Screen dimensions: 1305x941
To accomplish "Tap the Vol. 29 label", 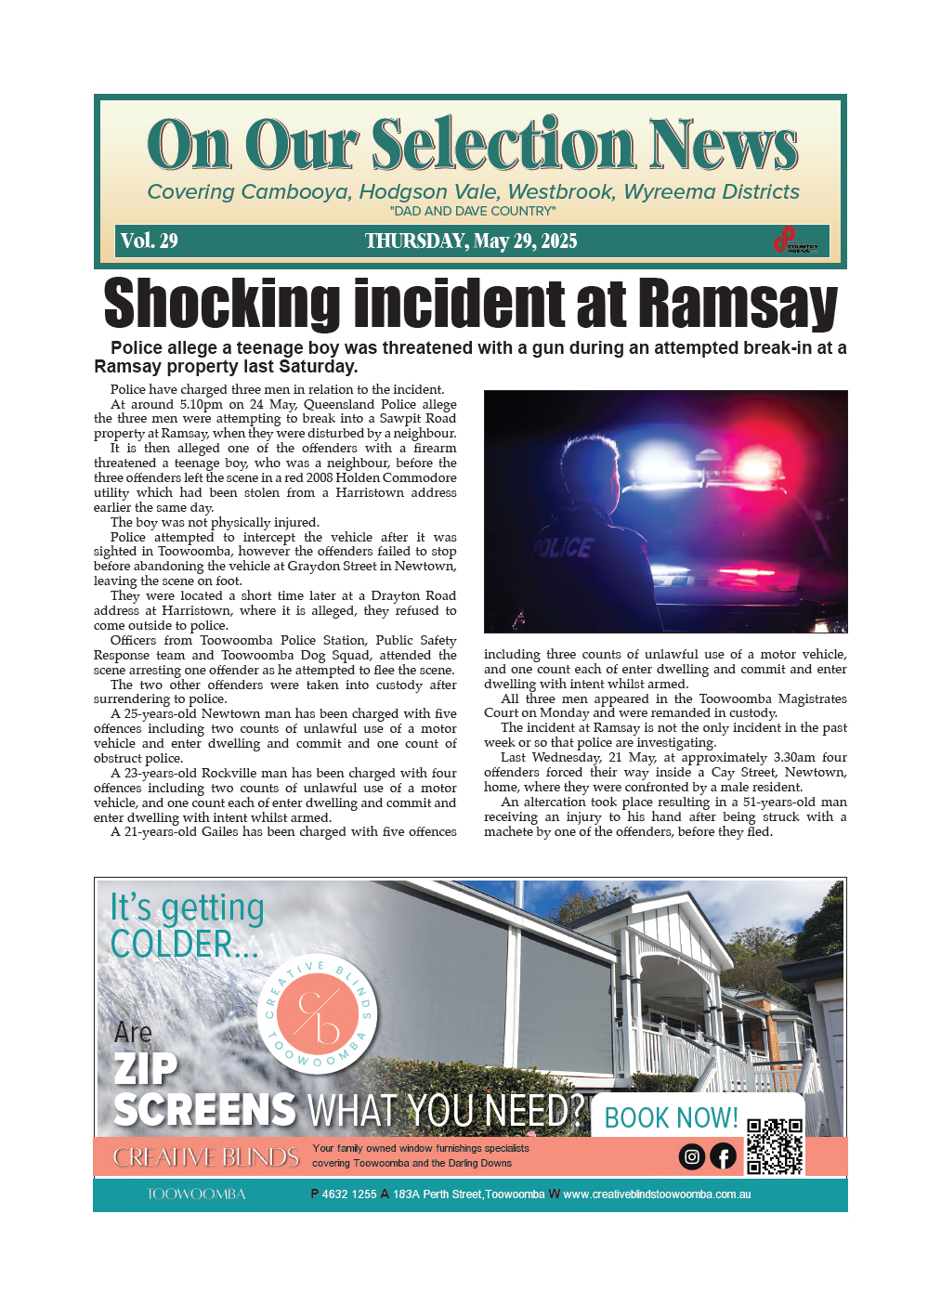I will tap(149, 241).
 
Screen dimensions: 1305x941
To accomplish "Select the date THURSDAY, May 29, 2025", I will tap(471, 241).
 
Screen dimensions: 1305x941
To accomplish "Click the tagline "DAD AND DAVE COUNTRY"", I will tap(473, 211).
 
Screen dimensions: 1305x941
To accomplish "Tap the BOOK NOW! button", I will tap(671, 1117).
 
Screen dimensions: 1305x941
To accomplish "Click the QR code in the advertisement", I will tap(775, 1146).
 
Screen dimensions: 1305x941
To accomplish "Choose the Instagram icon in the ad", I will tap(691, 1156).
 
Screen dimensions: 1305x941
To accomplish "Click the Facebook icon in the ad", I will tap(723, 1156).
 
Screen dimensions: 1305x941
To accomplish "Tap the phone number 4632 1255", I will tap(348, 1194).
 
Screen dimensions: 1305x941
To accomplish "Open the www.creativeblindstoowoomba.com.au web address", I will tap(657, 1194).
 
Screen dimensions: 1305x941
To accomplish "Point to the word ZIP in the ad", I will tap(146, 1068).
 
